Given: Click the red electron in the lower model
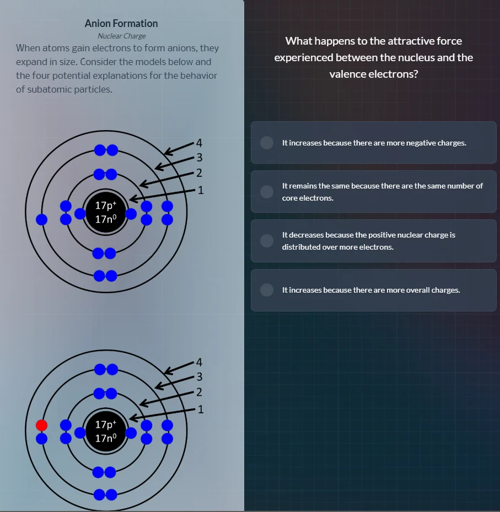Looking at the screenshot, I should coord(41,425).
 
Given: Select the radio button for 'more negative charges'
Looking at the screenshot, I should coord(267,143).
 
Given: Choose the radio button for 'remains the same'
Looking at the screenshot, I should coord(267,191).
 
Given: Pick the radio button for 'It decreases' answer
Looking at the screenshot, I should coord(267,241).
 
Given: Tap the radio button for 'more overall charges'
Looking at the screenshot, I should coord(267,290).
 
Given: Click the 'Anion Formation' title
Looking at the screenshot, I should coord(121,23).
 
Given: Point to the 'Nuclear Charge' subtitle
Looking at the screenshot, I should coord(121,36).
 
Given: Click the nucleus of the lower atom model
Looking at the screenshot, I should coord(106,432).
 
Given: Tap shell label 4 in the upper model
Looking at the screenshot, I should coord(200,144).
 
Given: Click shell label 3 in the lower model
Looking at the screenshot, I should coord(200,378).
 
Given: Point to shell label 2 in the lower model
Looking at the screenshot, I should coord(200,393).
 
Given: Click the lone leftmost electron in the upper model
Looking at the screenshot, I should coord(41,219).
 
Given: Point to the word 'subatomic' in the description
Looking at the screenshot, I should coord(46,89).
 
